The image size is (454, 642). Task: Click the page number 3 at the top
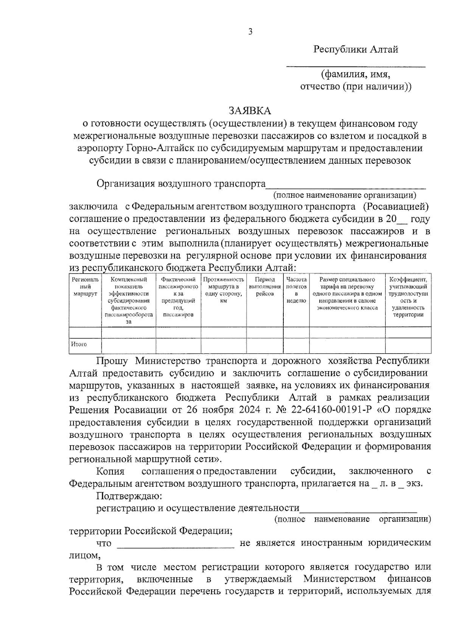[x=250, y=32]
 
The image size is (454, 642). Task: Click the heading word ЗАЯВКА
[x=250, y=111]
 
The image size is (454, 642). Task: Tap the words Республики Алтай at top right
[x=356, y=50]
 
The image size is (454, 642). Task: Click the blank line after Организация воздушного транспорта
[x=345, y=185]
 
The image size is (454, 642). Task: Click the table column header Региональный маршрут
[x=85, y=287]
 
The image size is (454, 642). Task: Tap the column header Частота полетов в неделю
[x=297, y=290]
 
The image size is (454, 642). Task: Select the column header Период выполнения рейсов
[x=264, y=287]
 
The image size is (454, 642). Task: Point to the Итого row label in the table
[x=79, y=344]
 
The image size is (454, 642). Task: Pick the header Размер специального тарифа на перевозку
[x=347, y=293]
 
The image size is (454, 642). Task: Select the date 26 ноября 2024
[x=217, y=410]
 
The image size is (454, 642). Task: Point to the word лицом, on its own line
[x=85, y=555]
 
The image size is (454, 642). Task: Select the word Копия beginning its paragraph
[x=110, y=471]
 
